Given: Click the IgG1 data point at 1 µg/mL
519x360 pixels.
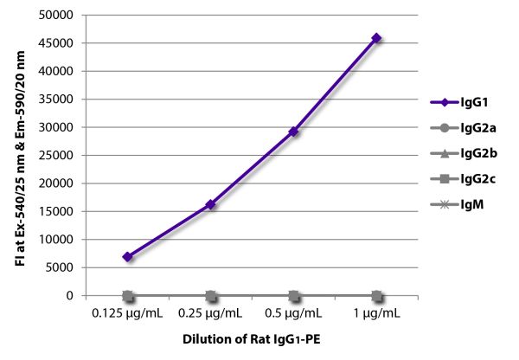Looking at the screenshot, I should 377,38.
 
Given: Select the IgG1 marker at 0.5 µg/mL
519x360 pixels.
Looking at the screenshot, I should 294,132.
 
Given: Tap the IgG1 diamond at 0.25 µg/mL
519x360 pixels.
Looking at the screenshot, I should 211,204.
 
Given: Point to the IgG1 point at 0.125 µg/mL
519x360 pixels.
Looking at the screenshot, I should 128,257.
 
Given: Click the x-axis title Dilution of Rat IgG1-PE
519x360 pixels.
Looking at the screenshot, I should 252,339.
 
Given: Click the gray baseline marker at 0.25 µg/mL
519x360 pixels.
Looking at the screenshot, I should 211,295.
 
